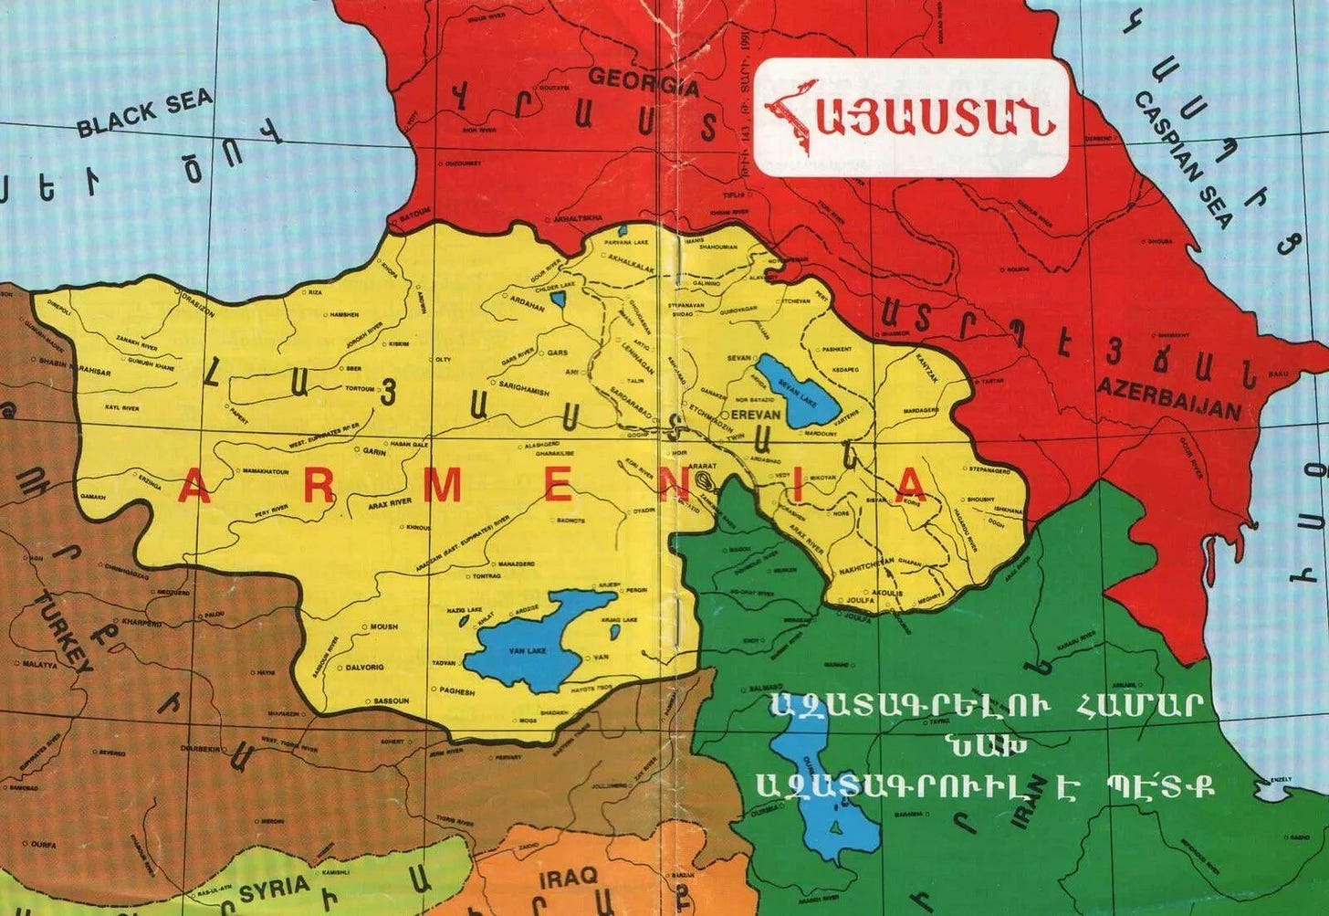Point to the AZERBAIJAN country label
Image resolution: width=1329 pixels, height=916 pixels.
[1169, 398]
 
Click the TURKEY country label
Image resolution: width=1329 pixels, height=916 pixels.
[63, 631]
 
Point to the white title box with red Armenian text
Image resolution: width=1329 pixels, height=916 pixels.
[912, 116]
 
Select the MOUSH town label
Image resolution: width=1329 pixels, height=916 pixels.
[384, 627]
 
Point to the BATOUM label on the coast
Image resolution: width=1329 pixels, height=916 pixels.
[415, 211]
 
